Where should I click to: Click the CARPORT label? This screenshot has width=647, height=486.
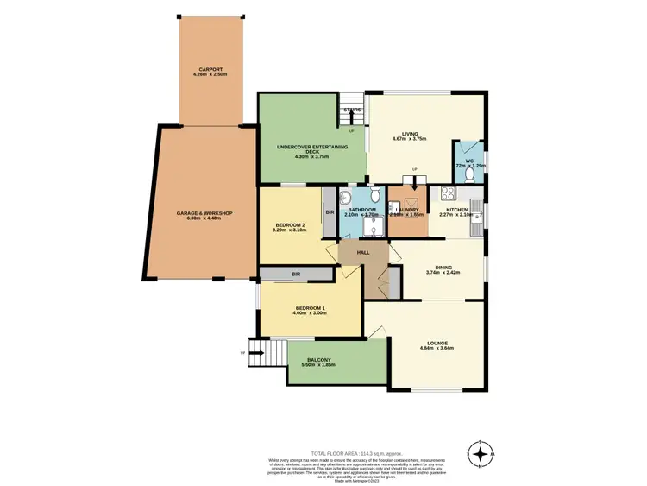210,71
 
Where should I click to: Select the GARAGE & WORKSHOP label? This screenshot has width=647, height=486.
204,214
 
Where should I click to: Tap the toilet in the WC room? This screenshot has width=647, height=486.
468,174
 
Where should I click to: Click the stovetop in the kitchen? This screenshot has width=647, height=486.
448,194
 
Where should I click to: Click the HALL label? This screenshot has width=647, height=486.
364,251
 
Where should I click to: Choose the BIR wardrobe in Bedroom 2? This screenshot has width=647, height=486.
330,211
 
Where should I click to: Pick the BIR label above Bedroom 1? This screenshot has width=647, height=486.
295,274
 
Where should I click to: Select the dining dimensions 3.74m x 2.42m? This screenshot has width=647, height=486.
443,273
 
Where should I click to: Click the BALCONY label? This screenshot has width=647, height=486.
318,360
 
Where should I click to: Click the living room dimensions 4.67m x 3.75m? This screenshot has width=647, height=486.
409,139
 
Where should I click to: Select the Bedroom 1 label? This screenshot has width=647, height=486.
309,308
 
